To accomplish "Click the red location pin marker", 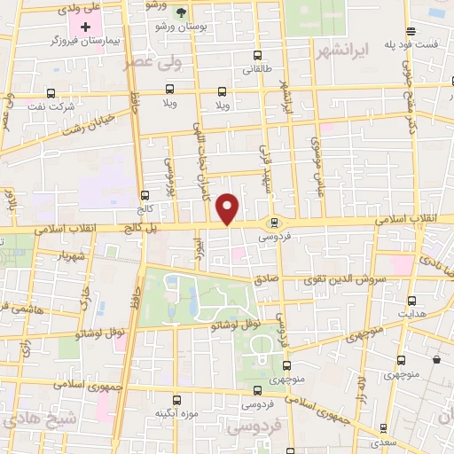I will (x=229, y=207).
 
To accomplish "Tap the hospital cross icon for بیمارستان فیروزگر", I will (x=85, y=27).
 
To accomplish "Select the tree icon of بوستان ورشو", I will (x=182, y=12).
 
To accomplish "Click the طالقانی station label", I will (x=258, y=67).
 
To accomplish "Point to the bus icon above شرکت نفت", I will (x=51, y=92).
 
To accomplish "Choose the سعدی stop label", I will (x=383, y=441).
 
